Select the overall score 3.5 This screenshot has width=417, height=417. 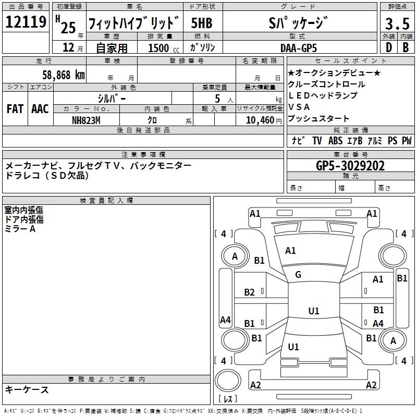pyautogui.click(x=397, y=23)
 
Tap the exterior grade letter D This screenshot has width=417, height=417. pyautogui.click(x=388, y=47)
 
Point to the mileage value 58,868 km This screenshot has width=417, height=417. pyautogui.click(x=64, y=75)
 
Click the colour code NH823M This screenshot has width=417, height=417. pyautogui.click(x=86, y=120)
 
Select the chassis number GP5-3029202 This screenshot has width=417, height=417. pyautogui.click(x=350, y=166)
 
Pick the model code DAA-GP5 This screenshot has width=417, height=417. pyautogui.click(x=298, y=47)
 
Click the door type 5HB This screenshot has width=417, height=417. pyautogui.click(x=202, y=23)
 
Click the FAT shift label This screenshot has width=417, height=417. pyautogui.click(x=15, y=109)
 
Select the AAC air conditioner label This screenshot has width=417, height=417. pyautogui.click(x=40, y=109)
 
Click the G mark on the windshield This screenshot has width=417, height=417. pyautogui.click(x=298, y=275)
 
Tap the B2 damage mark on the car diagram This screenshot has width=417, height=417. pyautogui.click(x=250, y=292)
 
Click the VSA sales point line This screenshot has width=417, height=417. pyautogui.click(x=299, y=107)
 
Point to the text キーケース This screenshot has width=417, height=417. pyautogui.click(x=27, y=389)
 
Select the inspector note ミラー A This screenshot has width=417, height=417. pyautogui.click(x=20, y=229)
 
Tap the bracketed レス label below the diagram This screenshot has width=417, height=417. pyautogui.click(x=228, y=400)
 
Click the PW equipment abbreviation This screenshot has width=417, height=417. pyautogui.click(x=407, y=140)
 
